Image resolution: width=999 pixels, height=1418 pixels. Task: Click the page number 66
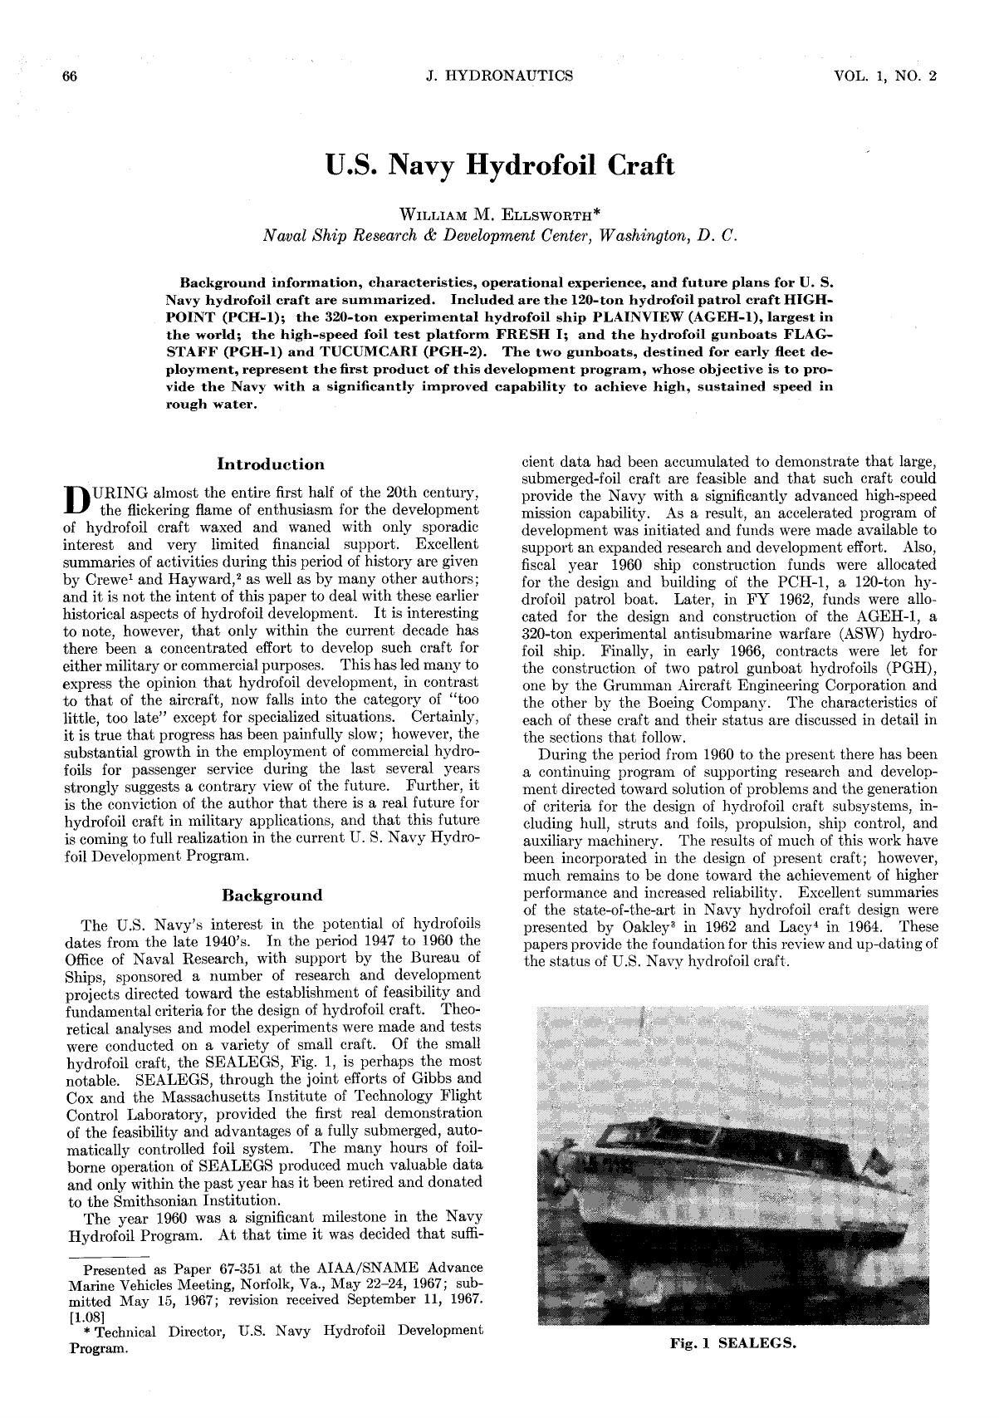tap(70, 76)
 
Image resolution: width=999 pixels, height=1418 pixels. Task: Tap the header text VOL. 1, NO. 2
tap(885, 76)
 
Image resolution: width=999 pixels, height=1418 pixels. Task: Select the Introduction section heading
tap(271, 464)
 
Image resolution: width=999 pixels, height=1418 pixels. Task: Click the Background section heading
tap(272, 895)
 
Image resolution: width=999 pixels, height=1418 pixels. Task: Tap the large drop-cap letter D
tap(76, 498)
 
